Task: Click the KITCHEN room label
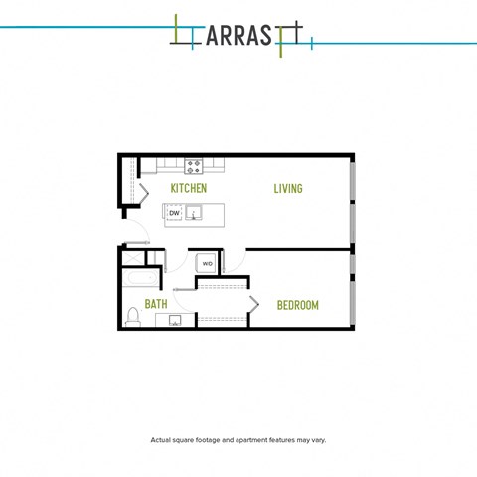(189, 188)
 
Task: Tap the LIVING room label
(288, 189)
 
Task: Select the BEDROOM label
(298, 305)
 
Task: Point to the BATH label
(156, 304)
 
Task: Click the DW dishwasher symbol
(174, 213)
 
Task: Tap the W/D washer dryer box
(207, 264)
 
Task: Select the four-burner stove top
(194, 166)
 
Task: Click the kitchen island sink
(194, 213)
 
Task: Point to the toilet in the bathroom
(133, 317)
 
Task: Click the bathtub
(141, 277)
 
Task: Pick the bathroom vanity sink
(175, 320)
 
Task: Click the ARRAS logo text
(238, 36)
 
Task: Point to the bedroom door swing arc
(238, 264)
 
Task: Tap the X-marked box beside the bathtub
(133, 258)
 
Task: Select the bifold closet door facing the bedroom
(253, 305)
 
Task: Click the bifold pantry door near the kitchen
(143, 193)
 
